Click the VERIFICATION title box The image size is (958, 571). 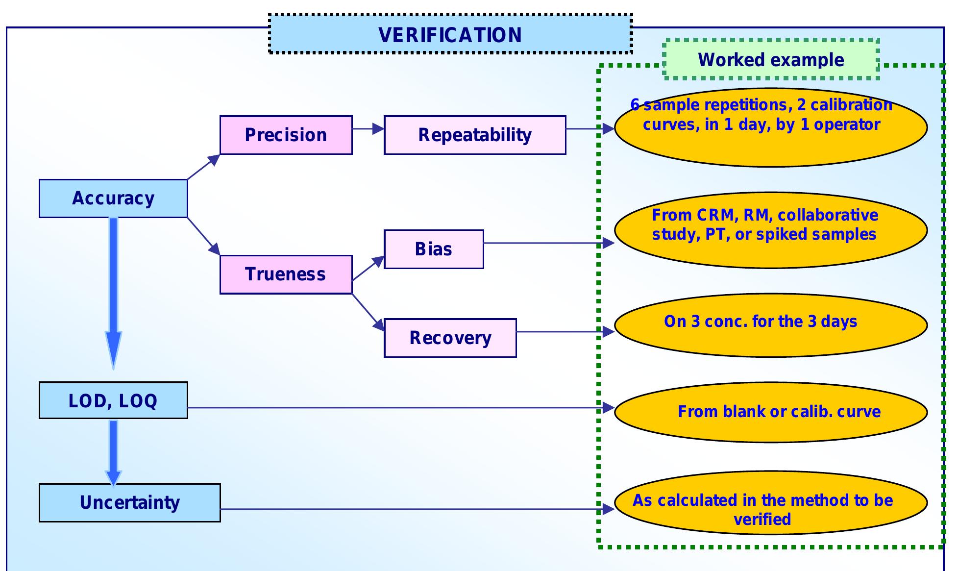click(450, 34)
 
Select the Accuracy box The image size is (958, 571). click(113, 198)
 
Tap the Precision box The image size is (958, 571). click(286, 135)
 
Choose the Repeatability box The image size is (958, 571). click(474, 135)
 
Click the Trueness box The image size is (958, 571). click(286, 274)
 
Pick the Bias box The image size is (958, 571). click(434, 249)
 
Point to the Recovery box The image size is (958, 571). click(450, 338)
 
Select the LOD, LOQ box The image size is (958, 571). click(113, 400)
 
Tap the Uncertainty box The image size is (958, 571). click(130, 502)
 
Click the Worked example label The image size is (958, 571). click(771, 59)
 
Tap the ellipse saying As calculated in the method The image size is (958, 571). click(770, 505)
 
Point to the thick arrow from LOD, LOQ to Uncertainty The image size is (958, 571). click(113, 451)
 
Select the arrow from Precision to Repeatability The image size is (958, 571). click(368, 129)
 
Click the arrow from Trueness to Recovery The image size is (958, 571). click(368, 312)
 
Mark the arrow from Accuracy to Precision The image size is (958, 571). click(203, 167)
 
